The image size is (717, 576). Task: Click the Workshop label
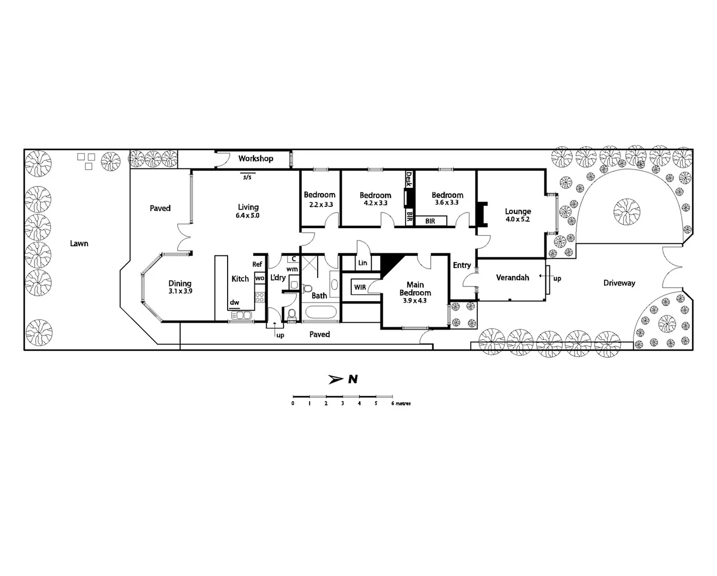255,158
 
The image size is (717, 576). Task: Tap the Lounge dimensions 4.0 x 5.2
517,219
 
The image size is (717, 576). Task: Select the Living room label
248,207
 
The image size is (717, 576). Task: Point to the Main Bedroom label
415,289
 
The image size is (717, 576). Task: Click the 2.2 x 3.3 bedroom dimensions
320,204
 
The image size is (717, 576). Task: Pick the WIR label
360,287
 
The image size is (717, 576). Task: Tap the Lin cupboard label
362,263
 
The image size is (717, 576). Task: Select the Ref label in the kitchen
257,264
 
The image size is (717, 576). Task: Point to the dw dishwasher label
235,302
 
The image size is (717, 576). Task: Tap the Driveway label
619,283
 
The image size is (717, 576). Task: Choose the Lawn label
79,243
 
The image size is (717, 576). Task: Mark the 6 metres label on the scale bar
401,404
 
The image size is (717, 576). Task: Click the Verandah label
512,277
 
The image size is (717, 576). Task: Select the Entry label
462,265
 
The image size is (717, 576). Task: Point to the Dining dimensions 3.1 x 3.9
180,292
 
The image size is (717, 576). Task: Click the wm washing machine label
292,269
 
